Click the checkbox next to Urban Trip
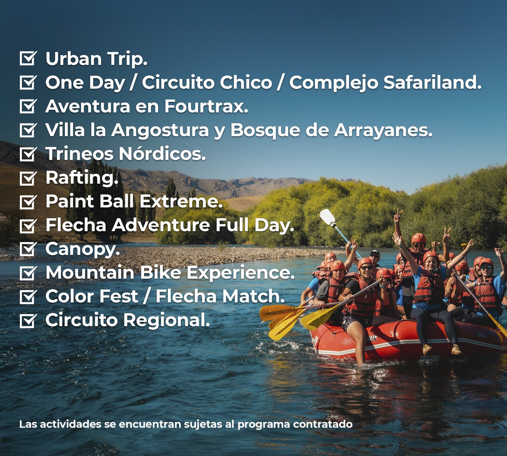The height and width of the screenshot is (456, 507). [28, 58]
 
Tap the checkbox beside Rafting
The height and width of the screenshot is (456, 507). [28, 178]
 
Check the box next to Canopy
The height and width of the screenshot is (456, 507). [28, 249]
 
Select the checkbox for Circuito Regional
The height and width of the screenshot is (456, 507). [28, 320]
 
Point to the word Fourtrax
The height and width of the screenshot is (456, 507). [206, 106]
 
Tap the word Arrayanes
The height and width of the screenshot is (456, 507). [383, 130]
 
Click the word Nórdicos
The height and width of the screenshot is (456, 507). [162, 154]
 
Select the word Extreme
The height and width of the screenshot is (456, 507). [181, 201]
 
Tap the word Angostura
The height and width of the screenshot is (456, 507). [160, 130]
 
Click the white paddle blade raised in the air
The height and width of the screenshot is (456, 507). [328, 217]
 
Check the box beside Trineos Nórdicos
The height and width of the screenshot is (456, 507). [28, 154]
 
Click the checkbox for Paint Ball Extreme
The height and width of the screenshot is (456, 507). [28, 202]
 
